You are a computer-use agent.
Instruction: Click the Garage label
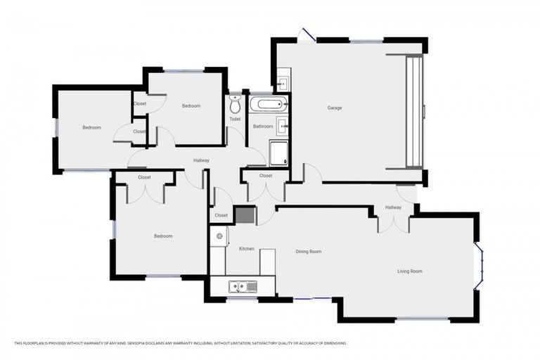(x=335, y=108)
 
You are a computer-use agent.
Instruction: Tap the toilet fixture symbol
(x=235, y=107)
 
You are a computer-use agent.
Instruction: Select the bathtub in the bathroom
(x=269, y=105)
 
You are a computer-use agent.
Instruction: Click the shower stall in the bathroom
(x=278, y=153)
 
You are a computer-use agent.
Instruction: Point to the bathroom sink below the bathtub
(x=281, y=127)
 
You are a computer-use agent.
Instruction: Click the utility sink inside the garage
(x=281, y=84)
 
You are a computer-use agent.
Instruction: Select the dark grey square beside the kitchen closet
(x=244, y=215)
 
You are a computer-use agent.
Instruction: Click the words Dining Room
(x=308, y=251)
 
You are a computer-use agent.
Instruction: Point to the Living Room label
(x=410, y=271)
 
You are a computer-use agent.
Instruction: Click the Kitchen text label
(x=246, y=249)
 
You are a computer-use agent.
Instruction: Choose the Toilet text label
(x=235, y=119)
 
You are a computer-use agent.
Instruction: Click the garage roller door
(x=414, y=112)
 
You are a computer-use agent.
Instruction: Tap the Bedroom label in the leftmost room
(x=91, y=127)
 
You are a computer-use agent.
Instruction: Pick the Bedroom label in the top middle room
(x=191, y=106)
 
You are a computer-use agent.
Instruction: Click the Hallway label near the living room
(x=393, y=207)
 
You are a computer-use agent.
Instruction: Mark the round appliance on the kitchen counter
(x=219, y=236)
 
